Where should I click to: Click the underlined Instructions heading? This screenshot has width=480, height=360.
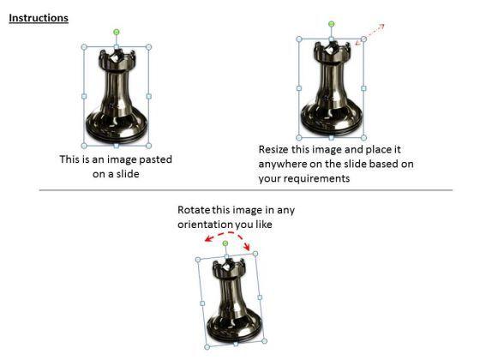(39, 18)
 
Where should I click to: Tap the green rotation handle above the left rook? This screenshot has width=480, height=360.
(117, 32)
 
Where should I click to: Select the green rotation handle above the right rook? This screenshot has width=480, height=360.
(331, 24)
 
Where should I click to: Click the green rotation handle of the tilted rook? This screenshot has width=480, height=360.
(225, 243)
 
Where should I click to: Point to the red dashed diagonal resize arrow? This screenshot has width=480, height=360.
(369, 34)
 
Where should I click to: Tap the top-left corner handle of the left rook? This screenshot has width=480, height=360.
(84, 47)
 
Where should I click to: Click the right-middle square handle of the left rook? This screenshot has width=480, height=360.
(149, 96)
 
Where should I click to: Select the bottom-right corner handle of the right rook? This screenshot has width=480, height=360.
(363, 138)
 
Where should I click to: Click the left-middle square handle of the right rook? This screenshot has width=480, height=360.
(299, 88)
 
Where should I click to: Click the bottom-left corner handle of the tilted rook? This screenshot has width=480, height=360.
(207, 347)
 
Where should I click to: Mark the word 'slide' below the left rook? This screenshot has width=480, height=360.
(128, 174)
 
